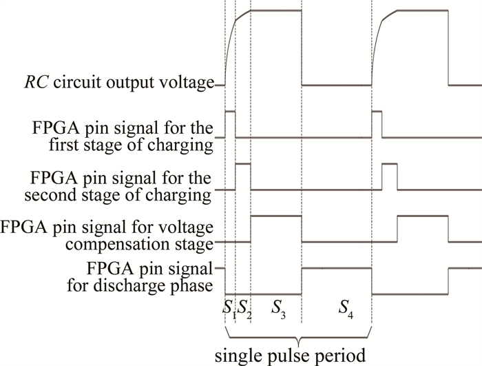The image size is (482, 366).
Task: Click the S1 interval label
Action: point(229,309)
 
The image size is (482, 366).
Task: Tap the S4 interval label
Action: point(343,309)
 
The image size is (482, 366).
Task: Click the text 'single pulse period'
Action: point(298,356)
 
